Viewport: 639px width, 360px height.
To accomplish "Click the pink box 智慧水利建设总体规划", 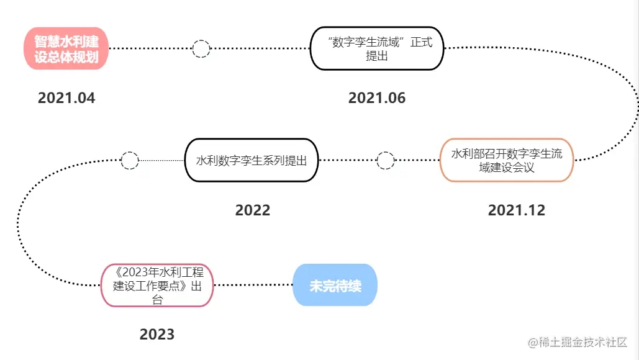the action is (66, 49).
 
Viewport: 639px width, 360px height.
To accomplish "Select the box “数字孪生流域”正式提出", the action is (376, 48).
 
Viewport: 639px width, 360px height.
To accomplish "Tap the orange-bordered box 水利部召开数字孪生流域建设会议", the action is (507, 160).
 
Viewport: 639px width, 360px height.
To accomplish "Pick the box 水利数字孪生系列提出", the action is (252, 160).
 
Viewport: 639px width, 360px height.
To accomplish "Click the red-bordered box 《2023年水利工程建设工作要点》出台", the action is (156, 286).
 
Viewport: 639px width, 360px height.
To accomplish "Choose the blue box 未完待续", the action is (335, 286).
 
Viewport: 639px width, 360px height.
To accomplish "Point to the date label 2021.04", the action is (66, 98).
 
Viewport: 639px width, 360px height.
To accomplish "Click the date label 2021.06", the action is (376, 98).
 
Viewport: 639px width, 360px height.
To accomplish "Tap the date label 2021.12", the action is (516, 210).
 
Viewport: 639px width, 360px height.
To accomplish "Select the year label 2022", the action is (252, 210).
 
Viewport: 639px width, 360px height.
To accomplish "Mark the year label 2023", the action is (156, 335).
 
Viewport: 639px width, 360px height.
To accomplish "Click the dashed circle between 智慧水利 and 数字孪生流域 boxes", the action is (201, 48).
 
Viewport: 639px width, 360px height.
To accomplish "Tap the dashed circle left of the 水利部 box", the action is (386, 160).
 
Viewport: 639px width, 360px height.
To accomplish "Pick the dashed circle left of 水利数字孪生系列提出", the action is (129, 160).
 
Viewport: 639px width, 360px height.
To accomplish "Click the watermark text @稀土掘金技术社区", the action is (578, 342).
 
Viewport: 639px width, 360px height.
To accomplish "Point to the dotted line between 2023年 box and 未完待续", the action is (253, 286).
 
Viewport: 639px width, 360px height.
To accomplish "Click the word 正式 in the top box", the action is (419, 42).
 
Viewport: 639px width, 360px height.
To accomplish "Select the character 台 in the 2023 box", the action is (158, 299).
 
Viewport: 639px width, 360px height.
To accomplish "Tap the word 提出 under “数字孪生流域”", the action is (377, 56).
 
